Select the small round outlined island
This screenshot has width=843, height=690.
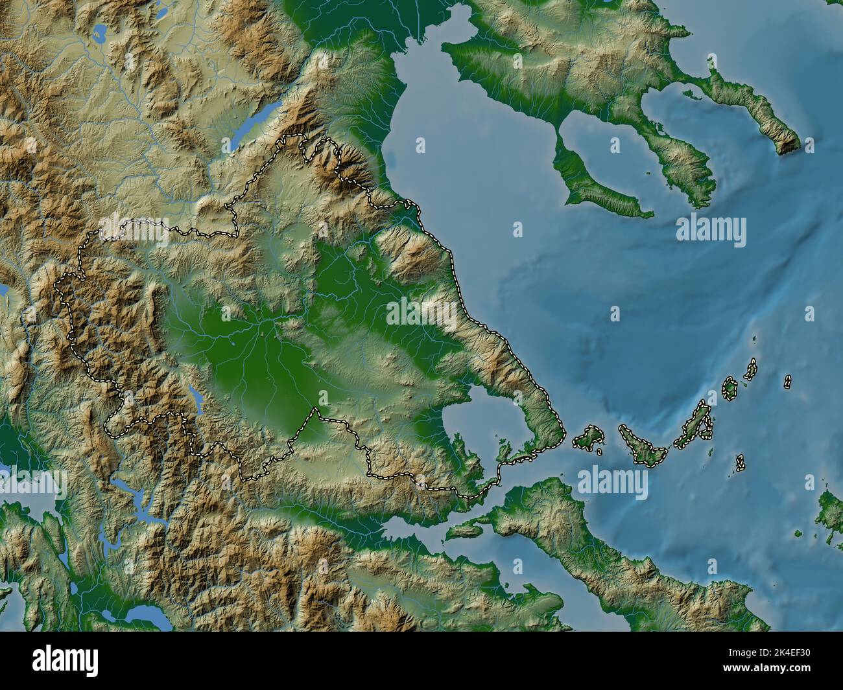click(x=730, y=389)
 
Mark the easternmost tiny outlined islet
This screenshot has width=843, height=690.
click(x=787, y=382)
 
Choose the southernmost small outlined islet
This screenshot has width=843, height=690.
click(x=740, y=463)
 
